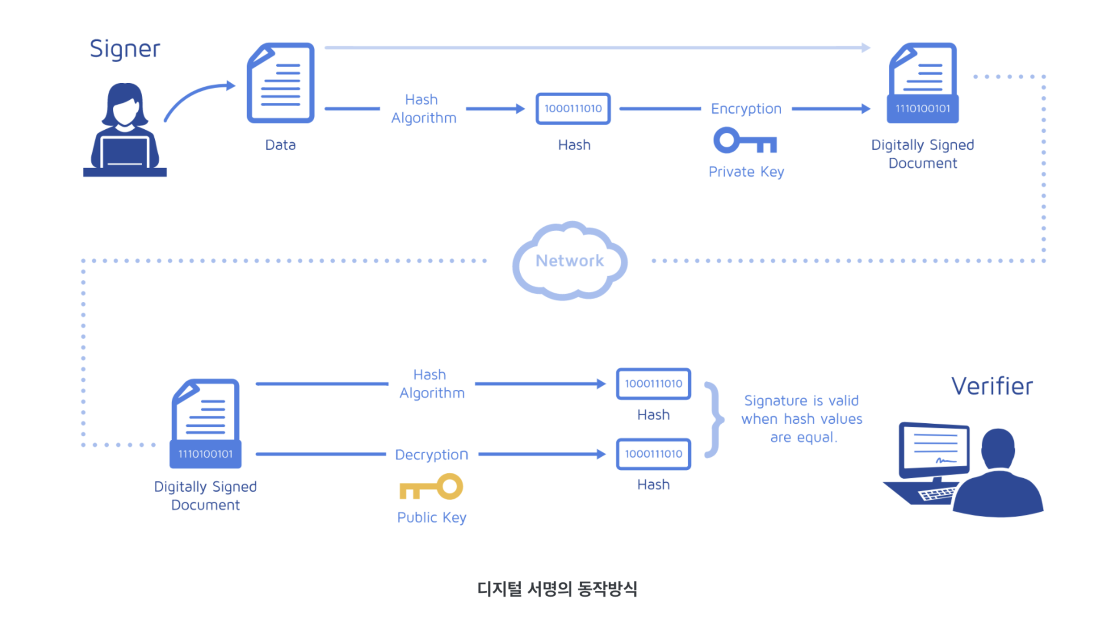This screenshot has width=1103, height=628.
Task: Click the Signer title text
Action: [x=125, y=49]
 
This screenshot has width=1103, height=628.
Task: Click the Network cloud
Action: [x=569, y=261]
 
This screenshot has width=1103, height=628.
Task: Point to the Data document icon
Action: [x=281, y=83]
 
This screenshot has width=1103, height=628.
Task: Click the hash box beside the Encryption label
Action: [x=573, y=108]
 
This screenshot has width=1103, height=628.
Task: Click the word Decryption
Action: [x=431, y=455]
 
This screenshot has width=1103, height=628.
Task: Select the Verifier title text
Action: [x=992, y=386]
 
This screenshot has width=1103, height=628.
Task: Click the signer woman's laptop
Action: [x=125, y=152]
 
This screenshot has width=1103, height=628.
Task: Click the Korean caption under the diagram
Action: [x=557, y=589]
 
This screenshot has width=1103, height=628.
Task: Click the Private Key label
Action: [x=746, y=172]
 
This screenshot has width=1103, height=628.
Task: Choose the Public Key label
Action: [x=431, y=517]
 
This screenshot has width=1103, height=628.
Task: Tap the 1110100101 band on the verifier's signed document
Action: [x=205, y=454]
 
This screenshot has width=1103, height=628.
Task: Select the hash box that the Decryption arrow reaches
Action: [x=653, y=454]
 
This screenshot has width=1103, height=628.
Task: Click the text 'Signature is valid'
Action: [x=801, y=400]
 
